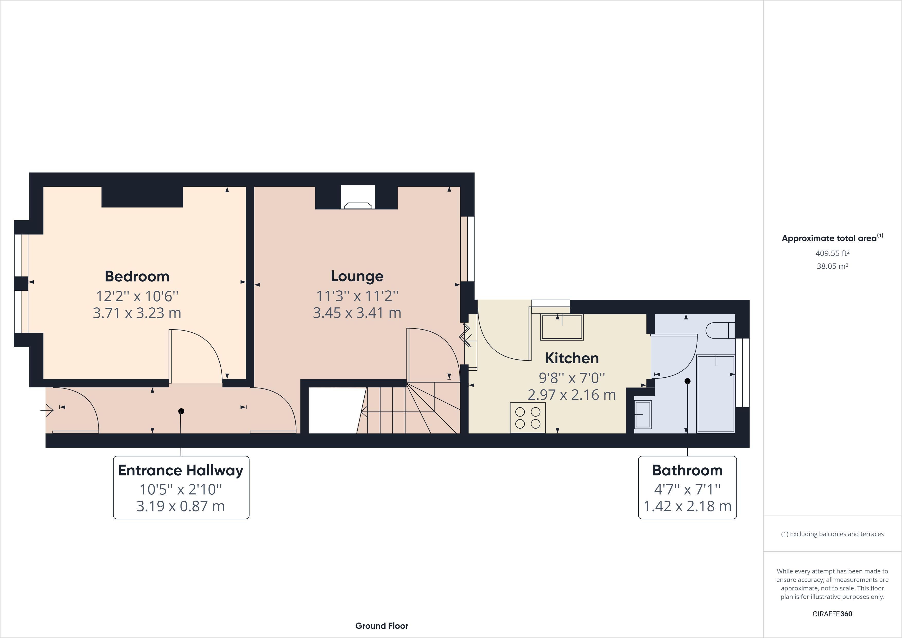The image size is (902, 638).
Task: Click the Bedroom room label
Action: coord(137,276)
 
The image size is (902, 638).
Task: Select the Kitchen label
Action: coord(572,358)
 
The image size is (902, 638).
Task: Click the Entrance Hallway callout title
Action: coord(181,470)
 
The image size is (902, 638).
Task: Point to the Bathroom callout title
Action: coord(687,470)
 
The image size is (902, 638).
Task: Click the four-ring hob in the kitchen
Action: coord(528,418)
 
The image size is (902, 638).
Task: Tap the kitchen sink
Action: coord(562,327)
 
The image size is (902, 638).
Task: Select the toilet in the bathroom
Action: coord(719,330)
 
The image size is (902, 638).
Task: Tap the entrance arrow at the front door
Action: coord(47,410)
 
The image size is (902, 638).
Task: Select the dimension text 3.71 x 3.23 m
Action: coord(137,313)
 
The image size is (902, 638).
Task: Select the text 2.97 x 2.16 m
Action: coord(572,395)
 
